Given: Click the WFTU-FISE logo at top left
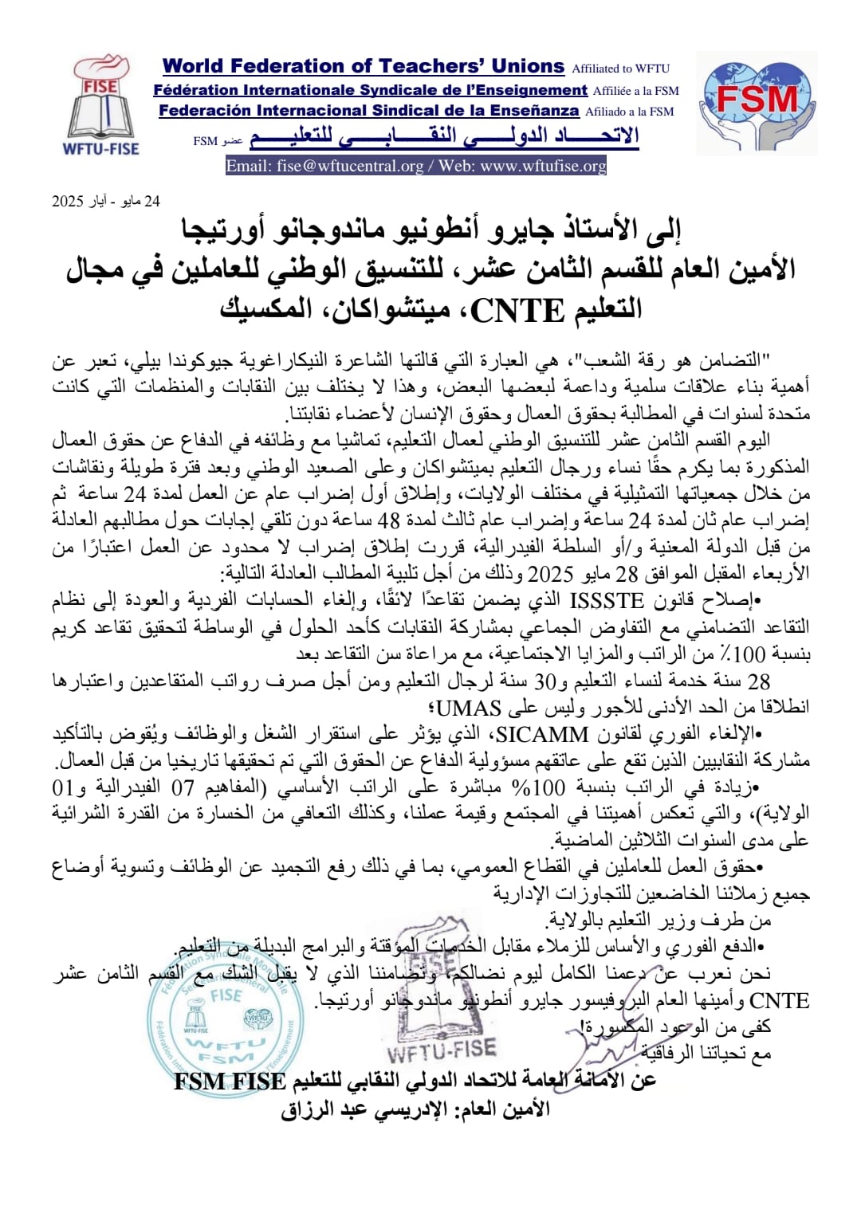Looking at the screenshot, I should (x=101, y=104).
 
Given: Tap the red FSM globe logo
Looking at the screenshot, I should (x=757, y=102).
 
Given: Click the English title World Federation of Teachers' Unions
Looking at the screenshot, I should (x=364, y=67).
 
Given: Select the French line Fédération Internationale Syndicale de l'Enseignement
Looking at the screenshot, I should (x=371, y=90).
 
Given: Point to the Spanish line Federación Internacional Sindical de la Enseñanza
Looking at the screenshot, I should (x=368, y=111).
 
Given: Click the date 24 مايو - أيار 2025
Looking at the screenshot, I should (x=106, y=202).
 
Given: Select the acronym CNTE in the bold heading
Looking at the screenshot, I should (x=517, y=310).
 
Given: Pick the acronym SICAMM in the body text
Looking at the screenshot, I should (x=542, y=734).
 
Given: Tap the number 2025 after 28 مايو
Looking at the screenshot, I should (x=551, y=573).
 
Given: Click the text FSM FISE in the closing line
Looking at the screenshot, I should (x=230, y=1082).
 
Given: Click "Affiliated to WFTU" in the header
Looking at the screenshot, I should (x=621, y=69).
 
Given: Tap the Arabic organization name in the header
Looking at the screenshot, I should (x=444, y=137).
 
